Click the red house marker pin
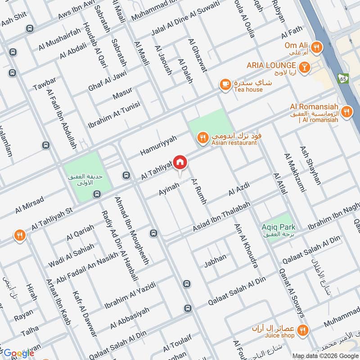(x=180, y=162)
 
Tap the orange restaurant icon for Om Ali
(x=317, y=46)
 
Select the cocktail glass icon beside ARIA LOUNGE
(x=305, y=66)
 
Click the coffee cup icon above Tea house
(x=225, y=84)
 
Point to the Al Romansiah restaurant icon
(x=346, y=111)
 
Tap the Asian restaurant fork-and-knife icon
(x=202, y=137)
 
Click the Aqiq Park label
(x=278, y=227)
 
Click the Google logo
(x=19, y=353)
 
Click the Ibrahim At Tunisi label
(x=114, y=114)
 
